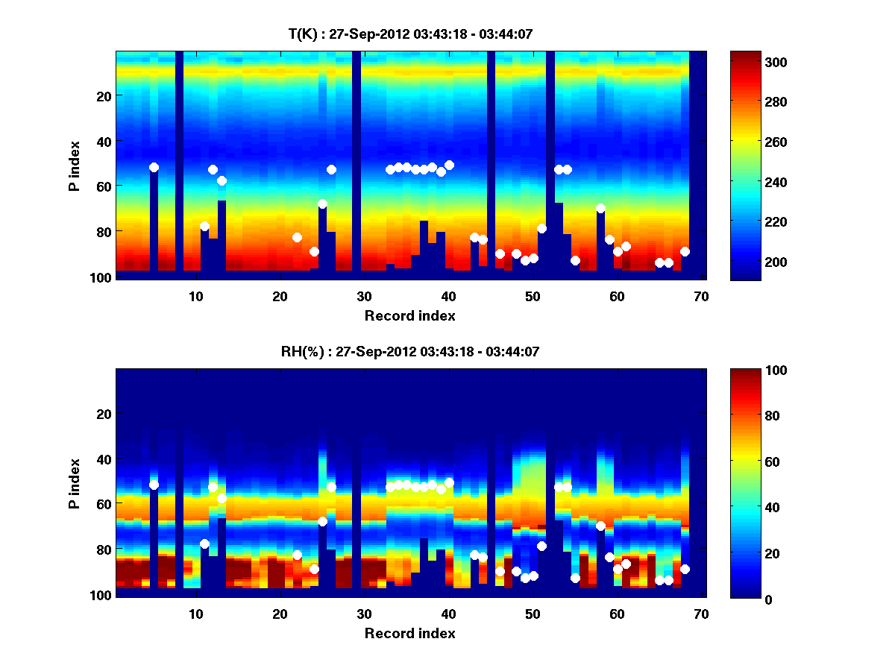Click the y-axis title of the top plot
coord(75,166)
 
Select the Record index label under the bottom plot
coord(410,633)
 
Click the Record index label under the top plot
coord(410,315)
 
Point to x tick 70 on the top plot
coord(700,296)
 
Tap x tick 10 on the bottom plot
coord(195,614)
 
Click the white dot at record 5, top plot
coord(154,168)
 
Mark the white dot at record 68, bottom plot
coord(685,569)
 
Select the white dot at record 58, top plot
coord(600,209)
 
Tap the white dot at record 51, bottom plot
coord(541,546)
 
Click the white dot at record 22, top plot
coord(297,237)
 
